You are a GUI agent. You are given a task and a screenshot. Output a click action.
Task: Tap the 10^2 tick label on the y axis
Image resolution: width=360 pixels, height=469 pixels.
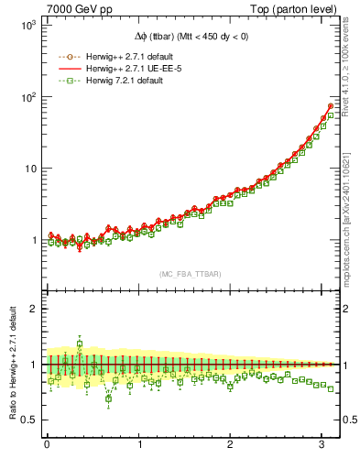(x=27, y=97)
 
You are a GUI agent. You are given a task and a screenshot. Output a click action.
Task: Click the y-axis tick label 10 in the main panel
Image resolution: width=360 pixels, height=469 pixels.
(x=29, y=169)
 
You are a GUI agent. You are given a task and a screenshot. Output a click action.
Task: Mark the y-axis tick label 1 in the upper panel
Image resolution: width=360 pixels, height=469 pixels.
(x=33, y=240)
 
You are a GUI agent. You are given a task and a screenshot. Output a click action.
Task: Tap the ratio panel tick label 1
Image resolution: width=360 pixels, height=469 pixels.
(x=33, y=365)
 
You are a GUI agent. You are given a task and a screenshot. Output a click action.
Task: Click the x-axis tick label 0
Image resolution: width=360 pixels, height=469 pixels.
(x=47, y=446)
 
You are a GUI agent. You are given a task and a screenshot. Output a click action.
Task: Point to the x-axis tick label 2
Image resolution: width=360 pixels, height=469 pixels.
(x=230, y=446)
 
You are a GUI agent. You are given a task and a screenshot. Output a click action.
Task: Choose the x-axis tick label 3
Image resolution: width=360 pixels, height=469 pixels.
(x=322, y=446)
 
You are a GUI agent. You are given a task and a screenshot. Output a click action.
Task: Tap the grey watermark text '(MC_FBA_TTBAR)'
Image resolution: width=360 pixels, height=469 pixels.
(x=190, y=274)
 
